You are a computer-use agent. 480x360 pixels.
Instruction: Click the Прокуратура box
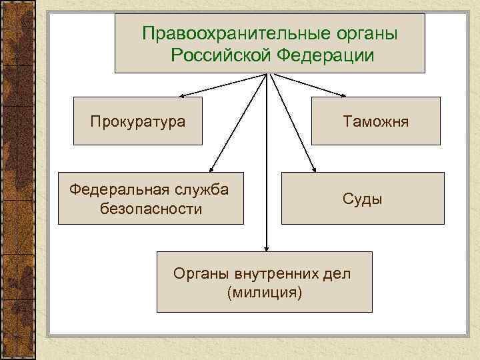point(137,121)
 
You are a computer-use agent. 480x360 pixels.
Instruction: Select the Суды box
point(363,199)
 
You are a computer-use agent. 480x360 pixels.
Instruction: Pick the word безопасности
point(151,209)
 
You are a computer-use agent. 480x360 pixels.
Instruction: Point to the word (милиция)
point(264,293)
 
